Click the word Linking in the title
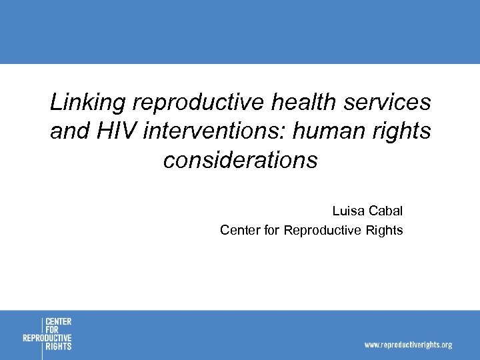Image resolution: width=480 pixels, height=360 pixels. tap(88, 103)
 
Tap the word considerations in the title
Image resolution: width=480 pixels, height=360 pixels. tap(240, 161)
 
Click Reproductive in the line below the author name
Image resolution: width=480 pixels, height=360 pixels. tap(323, 231)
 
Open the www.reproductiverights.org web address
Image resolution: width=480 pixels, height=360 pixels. tap(407, 345)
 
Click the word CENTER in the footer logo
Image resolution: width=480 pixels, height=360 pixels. tap(59, 322)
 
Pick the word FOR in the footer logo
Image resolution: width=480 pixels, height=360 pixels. tap(52, 330)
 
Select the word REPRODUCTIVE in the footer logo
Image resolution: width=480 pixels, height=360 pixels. tap(47, 338)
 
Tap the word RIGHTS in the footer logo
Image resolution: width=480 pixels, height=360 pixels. tap(59, 346)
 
